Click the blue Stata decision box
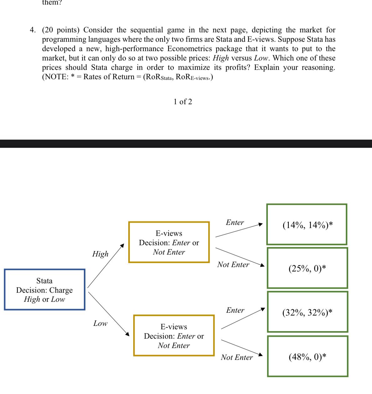pos(44,290)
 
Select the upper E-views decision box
pos(169,242)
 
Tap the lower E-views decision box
pos(174,336)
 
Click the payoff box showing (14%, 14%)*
pos(307,224)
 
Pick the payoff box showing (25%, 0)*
pos(307,268)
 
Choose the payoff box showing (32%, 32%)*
pos(307,312)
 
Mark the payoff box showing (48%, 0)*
pos(308,356)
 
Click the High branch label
pos(100,254)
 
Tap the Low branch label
pos(100,323)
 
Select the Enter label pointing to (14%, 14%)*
pos(235,222)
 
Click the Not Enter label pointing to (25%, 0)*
pos(233,265)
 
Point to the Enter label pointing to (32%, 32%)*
pos(235,310)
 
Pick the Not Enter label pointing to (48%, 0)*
pos(237,357)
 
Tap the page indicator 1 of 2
pos(183,102)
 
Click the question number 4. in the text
pos(33,30)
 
